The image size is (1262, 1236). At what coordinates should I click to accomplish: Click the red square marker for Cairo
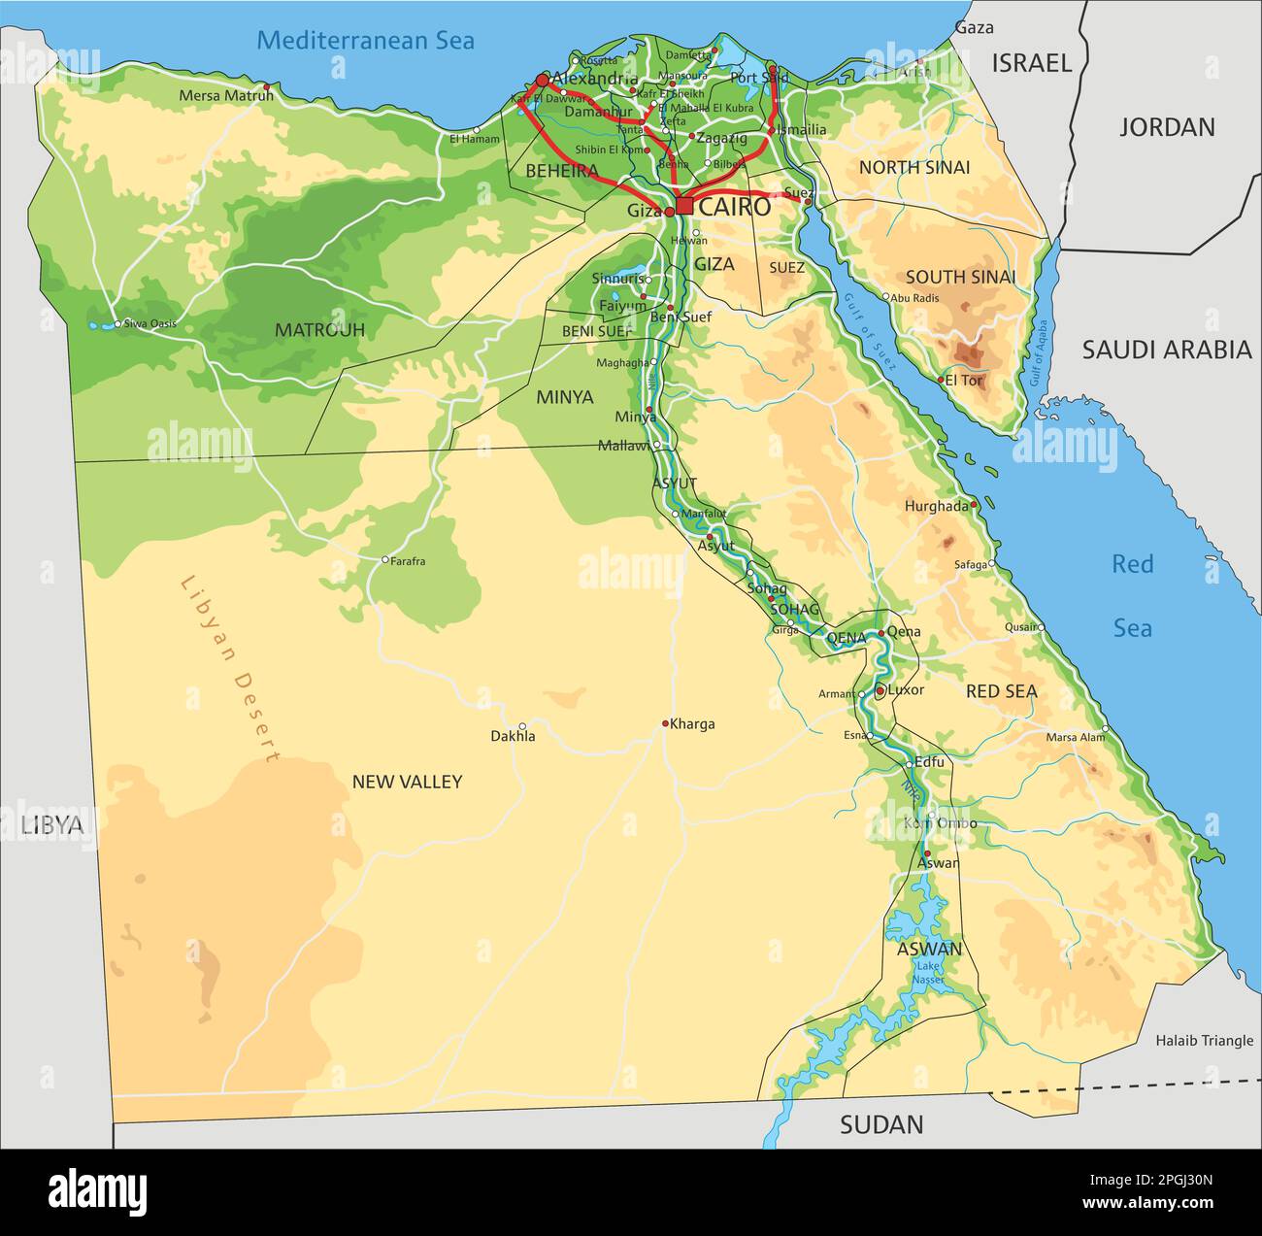[684, 206]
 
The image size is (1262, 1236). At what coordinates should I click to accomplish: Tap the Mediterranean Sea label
[365, 40]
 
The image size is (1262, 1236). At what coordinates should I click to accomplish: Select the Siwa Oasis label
[149, 323]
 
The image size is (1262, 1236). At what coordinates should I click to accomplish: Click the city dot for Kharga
[665, 723]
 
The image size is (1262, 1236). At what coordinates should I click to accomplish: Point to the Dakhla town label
[513, 737]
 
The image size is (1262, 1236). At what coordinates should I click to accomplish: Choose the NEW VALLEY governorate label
[407, 782]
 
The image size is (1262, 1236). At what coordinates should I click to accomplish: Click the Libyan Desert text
[230, 670]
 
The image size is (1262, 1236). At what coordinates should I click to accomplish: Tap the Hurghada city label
[937, 506]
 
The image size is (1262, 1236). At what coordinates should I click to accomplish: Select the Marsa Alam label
[1075, 737]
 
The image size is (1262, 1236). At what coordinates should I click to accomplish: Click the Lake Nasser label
[929, 973]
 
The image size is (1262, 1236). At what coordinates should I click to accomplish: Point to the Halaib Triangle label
[1204, 1040]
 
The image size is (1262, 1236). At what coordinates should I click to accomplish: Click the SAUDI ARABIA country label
[1167, 351]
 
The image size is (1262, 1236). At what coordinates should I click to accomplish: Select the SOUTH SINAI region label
[960, 277]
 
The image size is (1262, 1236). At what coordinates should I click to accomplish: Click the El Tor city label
[964, 381]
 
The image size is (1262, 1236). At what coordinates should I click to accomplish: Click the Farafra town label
[408, 561]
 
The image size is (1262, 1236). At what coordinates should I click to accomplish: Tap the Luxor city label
[906, 690]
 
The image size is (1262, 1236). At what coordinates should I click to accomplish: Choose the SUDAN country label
[881, 1124]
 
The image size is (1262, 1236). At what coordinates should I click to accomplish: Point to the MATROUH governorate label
[319, 330]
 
